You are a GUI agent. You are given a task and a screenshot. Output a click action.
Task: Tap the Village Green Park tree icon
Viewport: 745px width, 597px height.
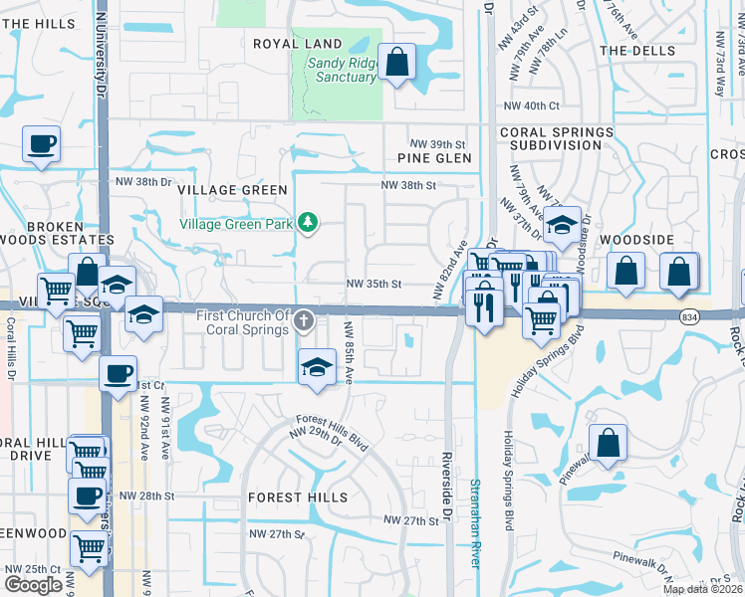pyautogui.click(x=309, y=222)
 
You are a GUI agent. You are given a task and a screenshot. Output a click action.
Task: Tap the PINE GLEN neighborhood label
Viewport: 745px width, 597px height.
pyautogui.click(x=433, y=158)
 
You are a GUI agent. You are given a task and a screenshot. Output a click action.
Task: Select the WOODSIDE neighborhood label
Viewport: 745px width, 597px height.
pyautogui.click(x=638, y=241)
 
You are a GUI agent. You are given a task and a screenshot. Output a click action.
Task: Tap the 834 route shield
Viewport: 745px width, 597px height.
pyautogui.click(x=689, y=316)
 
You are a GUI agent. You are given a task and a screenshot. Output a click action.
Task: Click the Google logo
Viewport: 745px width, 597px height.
pyautogui.click(x=33, y=584)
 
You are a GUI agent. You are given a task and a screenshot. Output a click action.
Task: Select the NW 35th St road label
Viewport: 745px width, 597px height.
pyautogui.click(x=373, y=284)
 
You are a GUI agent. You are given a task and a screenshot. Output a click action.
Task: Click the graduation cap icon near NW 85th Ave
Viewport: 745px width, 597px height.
pyautogui.click(x=317, y=365)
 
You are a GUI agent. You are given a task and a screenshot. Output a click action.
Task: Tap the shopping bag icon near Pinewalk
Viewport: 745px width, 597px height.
pyautogui.click(x=608, y=443)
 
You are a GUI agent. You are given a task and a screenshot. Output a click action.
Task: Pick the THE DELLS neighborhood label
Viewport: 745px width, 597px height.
pyautogui.click(x=636, y=50)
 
